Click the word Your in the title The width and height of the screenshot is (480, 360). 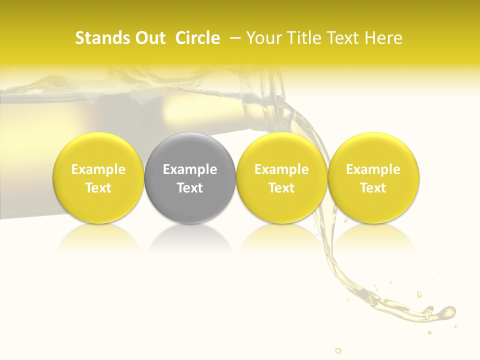click(263, 38)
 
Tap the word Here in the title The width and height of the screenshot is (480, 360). click(383, 38)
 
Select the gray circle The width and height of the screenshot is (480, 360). click(190, 177)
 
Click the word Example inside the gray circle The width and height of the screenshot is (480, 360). click(190, 169)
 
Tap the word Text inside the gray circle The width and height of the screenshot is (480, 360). click(190, 188)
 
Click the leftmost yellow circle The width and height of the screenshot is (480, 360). click(98, 177)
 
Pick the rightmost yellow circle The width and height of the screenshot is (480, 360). click(373, 177)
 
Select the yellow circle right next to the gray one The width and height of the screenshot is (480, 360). click(281, 177)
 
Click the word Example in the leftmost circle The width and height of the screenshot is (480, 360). click(98, 169)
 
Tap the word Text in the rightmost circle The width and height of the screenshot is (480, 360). click(373, 188)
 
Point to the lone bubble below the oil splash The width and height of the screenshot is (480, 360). click(338, 350)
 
